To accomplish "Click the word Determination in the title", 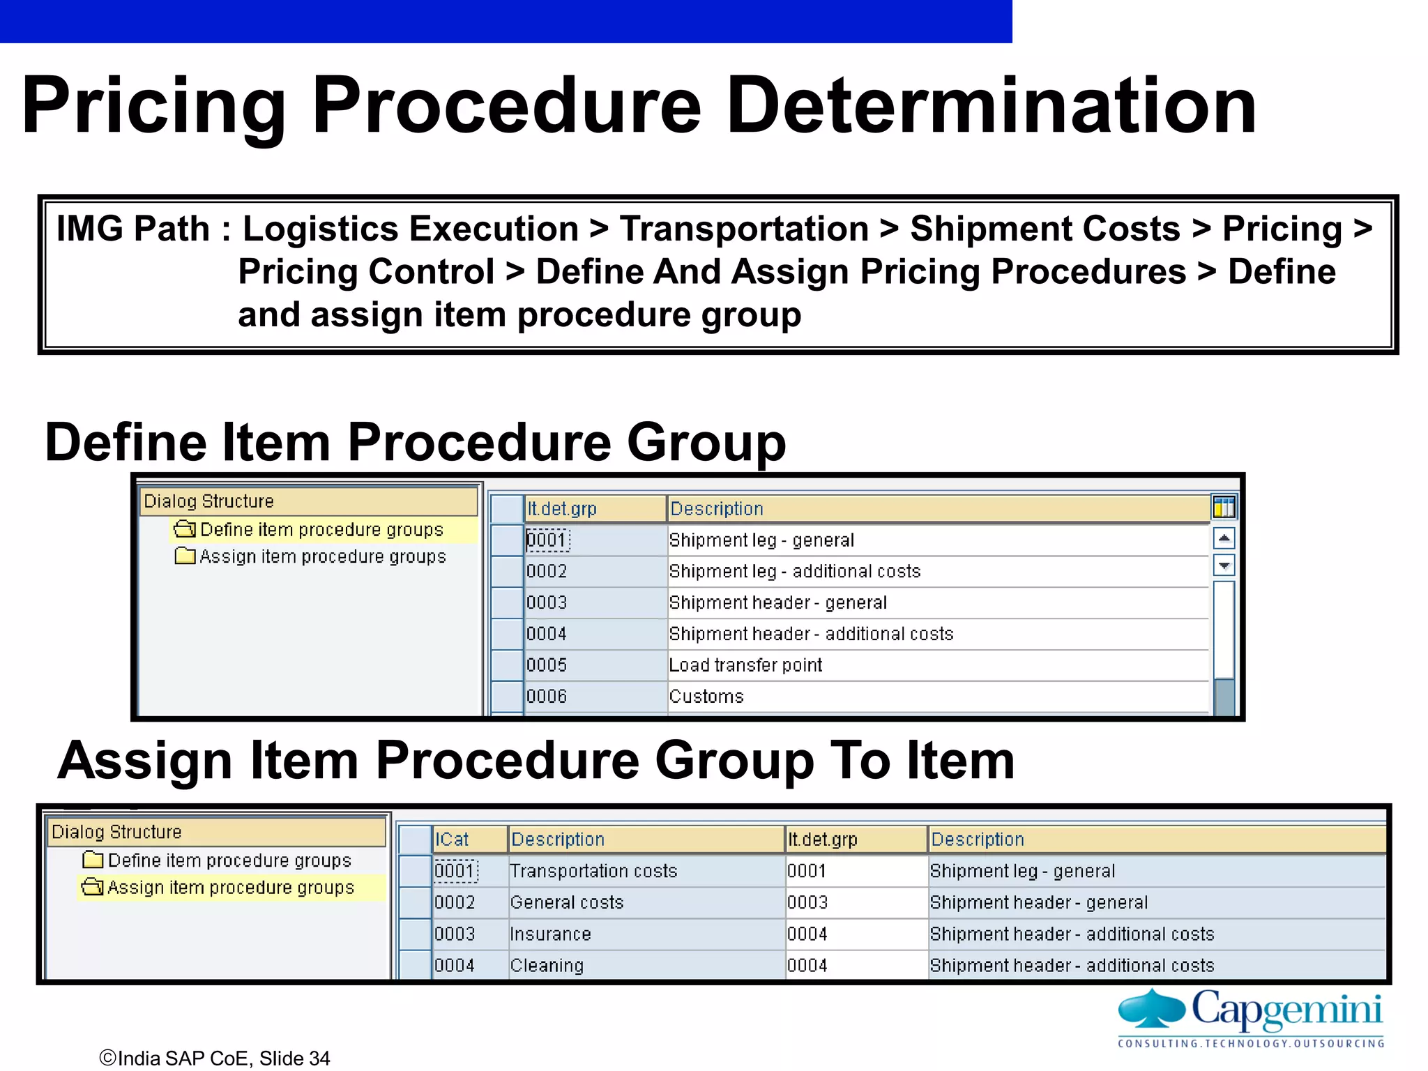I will point(991,106).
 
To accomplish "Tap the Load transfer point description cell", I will point(745,665).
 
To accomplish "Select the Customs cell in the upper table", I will point(706,697).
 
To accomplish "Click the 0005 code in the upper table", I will point(547,665).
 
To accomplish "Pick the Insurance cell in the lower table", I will point(550,934).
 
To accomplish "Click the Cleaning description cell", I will point(547,966).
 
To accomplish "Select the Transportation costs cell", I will point(593,872).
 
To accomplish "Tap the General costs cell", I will point(567,903).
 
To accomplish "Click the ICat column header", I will point(453,840).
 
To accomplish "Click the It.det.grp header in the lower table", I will point(823,840).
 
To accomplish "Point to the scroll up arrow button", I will point(1224,538).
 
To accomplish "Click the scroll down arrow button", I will point(1224,565).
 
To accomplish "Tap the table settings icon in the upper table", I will point(1224,508).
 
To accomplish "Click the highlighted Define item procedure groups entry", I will point(321,530).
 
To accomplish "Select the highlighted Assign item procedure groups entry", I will point(231,888).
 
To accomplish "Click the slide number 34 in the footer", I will point(319,1058).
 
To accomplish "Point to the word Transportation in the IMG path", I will point(744,229).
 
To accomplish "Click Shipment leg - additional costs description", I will point(795,572).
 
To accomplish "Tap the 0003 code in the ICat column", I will point(455,934).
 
